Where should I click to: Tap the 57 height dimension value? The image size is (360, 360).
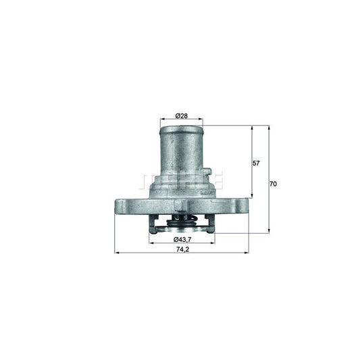point(256,163)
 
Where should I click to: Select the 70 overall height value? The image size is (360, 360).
point(272,184)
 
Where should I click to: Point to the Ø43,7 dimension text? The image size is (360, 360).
point(181,240)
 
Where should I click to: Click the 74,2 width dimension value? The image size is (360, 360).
point(180,248)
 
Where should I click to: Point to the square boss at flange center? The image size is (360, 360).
point(178,205)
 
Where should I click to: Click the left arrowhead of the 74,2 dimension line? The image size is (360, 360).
point(117,253)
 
